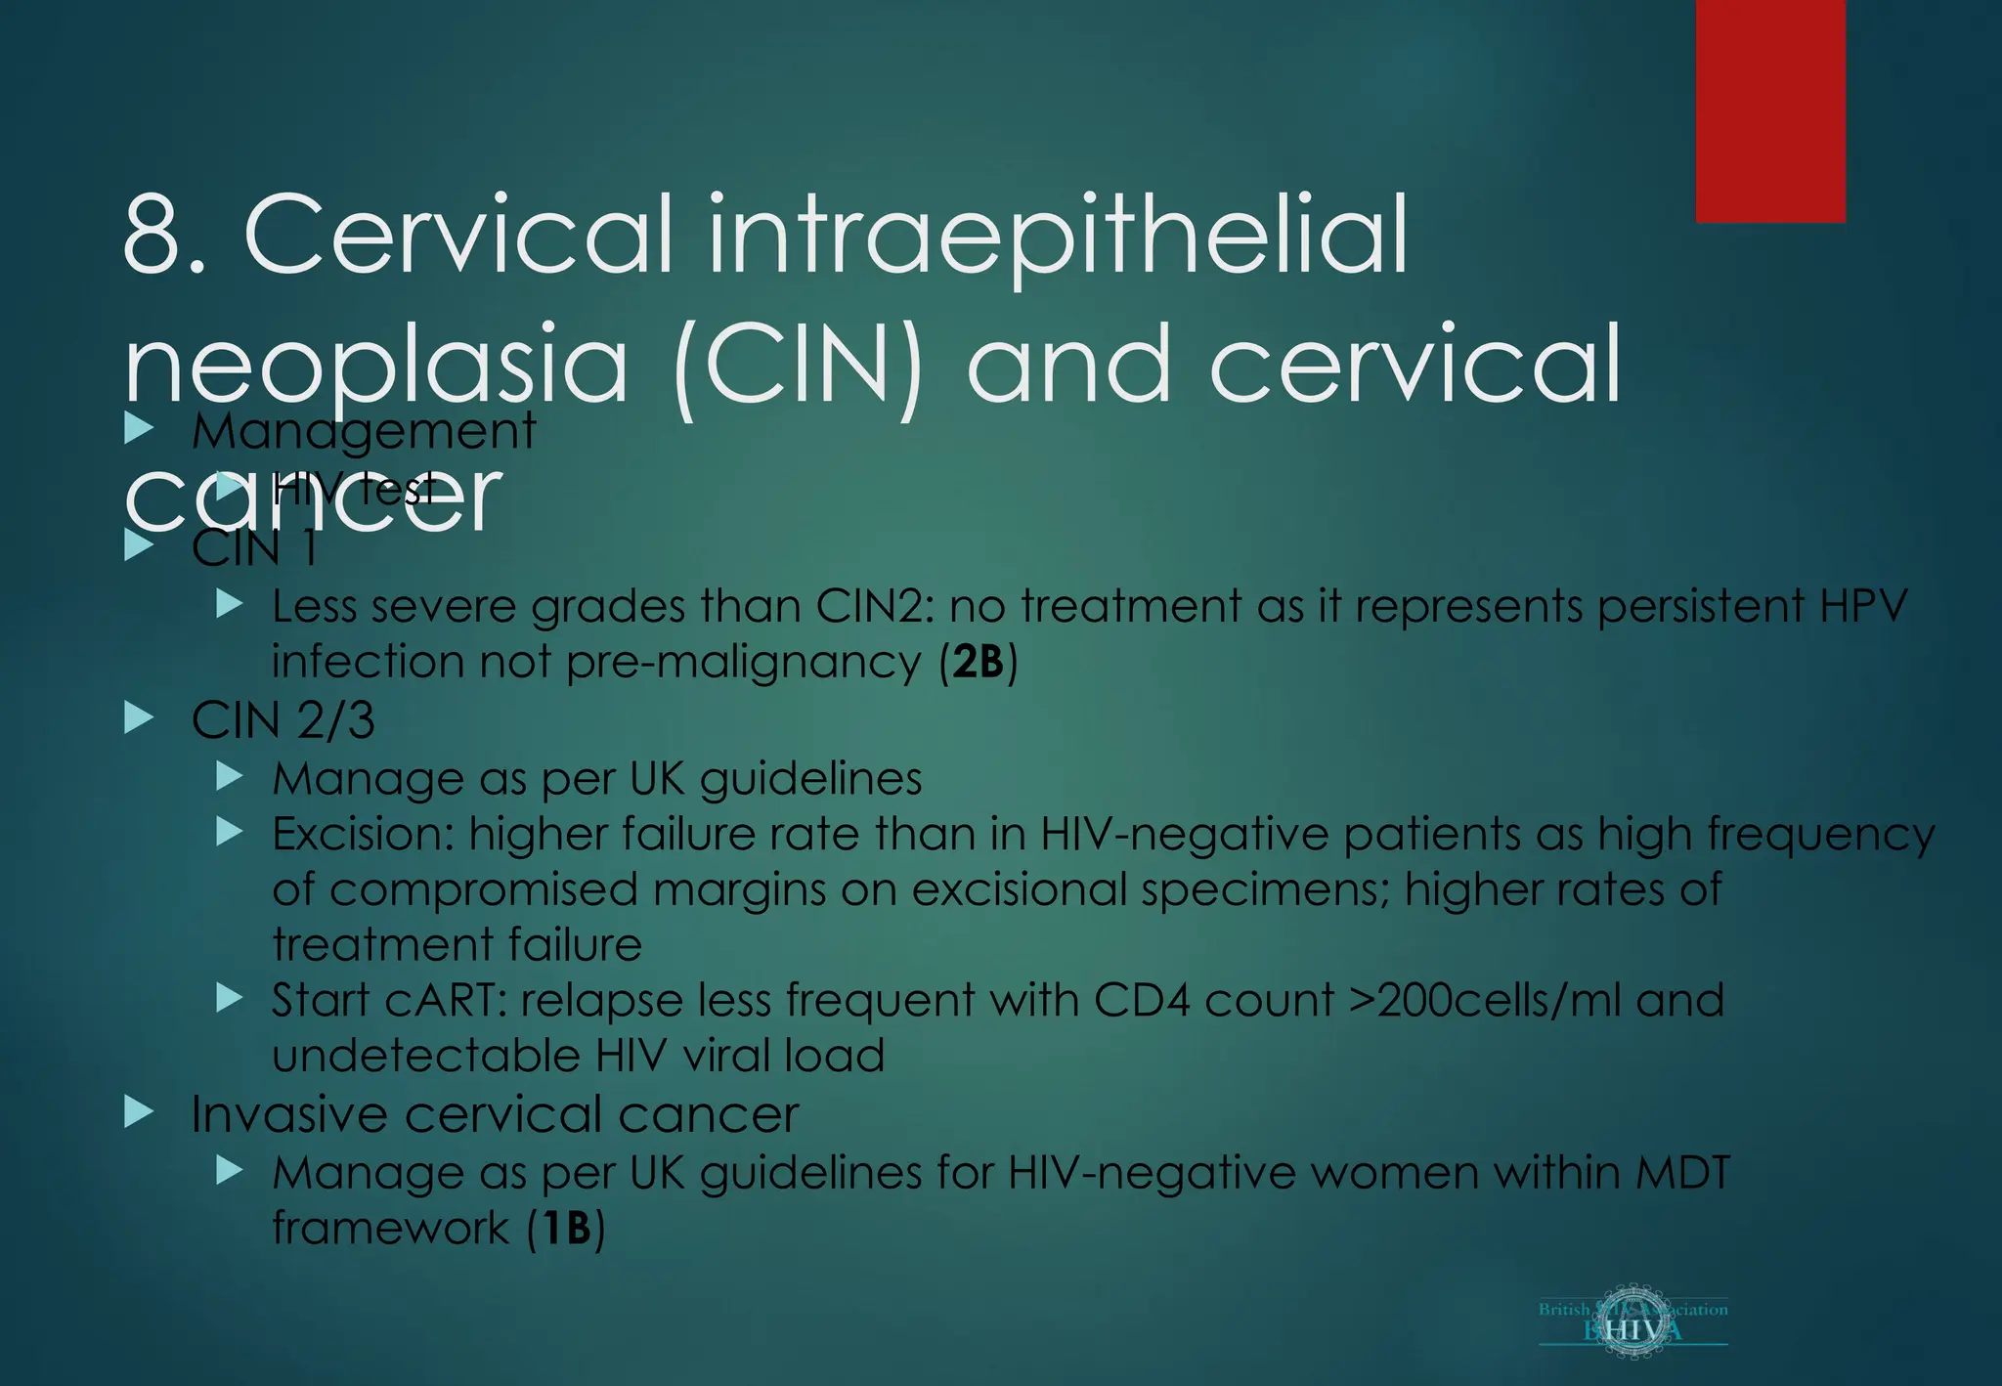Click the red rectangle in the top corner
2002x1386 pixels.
1770,110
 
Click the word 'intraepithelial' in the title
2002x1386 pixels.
1058,236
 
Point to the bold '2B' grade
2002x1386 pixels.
979,663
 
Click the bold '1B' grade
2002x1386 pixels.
566,1229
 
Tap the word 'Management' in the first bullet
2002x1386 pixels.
364,431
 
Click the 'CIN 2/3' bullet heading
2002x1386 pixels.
283,720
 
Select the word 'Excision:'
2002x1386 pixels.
362,835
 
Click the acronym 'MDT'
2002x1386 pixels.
1681,1173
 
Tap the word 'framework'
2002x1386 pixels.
391,1229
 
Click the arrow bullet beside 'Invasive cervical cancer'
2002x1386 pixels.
140,1112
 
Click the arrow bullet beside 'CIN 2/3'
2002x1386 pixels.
140,719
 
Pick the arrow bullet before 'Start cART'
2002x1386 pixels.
230,998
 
